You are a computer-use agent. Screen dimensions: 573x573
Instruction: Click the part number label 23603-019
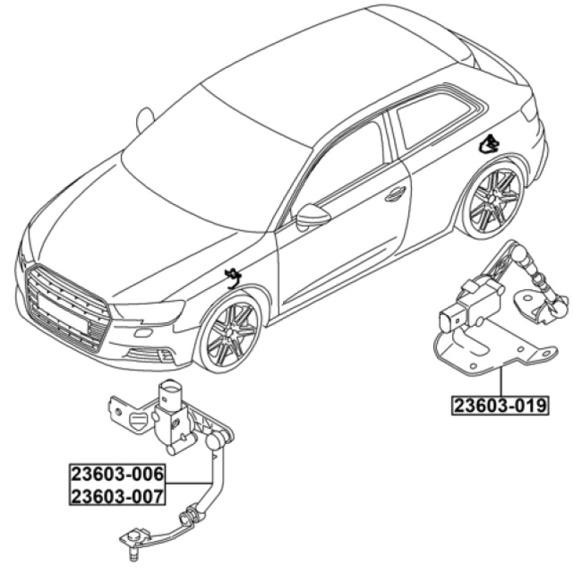point(500,405)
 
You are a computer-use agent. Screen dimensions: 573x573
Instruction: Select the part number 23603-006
point(117,474)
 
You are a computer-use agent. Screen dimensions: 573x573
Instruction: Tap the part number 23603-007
point(117,496)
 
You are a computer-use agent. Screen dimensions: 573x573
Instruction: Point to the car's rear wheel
point(493,198)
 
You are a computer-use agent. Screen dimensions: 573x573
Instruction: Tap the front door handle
point(395,194)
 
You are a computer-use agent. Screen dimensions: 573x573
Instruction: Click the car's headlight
point(149,312)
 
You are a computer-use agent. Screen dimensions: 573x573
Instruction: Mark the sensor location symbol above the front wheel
point(233,278)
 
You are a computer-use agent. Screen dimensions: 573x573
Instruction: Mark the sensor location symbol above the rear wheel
point(489,144)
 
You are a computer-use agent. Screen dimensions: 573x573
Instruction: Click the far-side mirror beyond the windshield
point(145,120)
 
